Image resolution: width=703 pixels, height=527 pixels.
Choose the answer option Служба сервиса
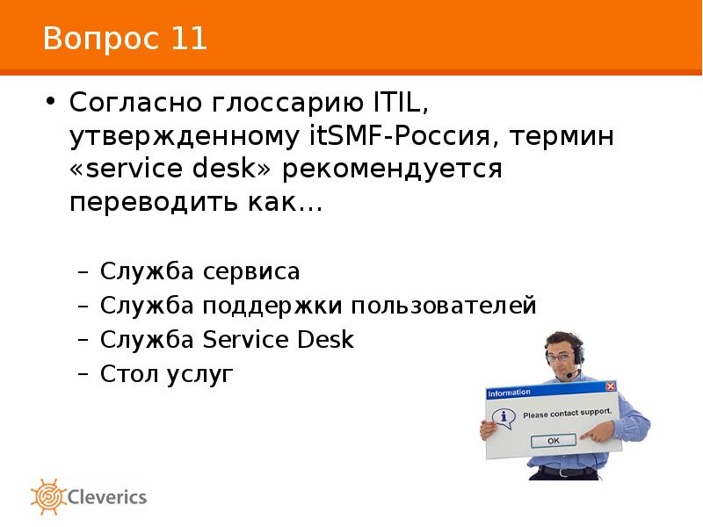(199, 271)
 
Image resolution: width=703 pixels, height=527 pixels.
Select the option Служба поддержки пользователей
(317, 306)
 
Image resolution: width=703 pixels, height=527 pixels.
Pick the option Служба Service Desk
(227, 340)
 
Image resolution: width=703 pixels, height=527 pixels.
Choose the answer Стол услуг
(167, 374)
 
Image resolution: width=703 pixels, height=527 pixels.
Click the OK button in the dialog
(553, 440)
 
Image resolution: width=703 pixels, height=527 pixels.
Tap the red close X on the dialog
(610, 386)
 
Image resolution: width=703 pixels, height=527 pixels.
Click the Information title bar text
(510, 393)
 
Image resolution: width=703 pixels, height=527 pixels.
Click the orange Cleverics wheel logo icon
(47, 496)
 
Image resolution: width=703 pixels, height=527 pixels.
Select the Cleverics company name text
(107, 497)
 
